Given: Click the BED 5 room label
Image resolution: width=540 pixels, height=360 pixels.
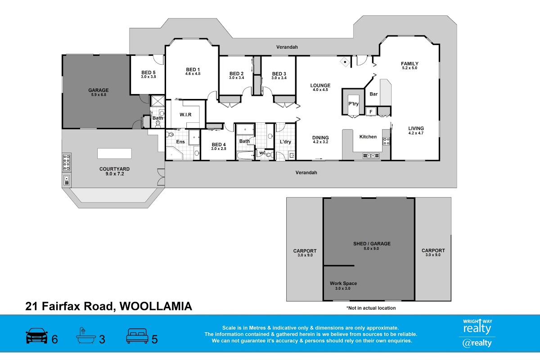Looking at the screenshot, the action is point(148,72).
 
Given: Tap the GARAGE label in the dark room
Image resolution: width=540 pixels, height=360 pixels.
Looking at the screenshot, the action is point(98,90).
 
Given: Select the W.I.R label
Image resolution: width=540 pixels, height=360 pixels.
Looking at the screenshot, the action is point(185,114).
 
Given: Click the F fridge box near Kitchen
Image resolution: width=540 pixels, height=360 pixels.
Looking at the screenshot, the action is point(370,112).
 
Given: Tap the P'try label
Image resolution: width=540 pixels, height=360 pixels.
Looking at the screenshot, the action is point(353,104).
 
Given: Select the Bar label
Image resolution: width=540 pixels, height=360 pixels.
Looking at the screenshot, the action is point(373,94).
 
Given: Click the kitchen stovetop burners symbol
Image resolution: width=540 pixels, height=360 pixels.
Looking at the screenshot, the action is point(386,140).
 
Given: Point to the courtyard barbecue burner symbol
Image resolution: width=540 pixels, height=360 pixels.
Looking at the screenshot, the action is point(66,162).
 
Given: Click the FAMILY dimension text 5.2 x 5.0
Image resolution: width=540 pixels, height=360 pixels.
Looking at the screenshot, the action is point(409,68).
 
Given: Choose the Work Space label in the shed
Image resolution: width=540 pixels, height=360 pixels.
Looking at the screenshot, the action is point(343,283).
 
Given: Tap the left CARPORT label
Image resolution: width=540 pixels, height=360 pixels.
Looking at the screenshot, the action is point(305,251).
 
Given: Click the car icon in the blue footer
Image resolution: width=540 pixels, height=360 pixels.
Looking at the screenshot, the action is point(37,336).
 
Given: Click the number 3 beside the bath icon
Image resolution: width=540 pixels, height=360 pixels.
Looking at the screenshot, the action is point(102,339).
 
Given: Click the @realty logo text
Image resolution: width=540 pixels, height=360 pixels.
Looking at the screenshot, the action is point(477,343).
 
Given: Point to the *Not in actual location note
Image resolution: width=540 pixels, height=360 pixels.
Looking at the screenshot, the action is point(371,308).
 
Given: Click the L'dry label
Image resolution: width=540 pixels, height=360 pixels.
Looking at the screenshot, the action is point(285,142).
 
